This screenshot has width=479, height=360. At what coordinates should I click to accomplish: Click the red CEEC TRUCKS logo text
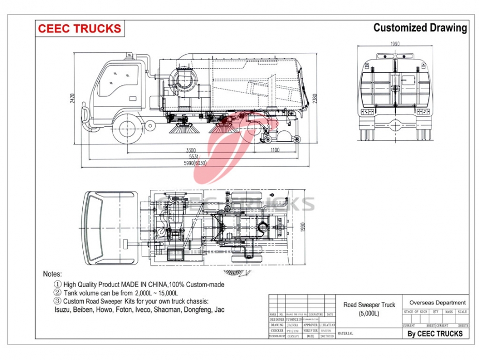tap(79, 28)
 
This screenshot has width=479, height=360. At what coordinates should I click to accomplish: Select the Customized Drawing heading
tap(420, 28)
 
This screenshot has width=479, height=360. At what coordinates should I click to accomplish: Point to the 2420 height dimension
tap(74, 98)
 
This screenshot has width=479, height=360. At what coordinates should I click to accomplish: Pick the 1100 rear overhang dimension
tap(274, 150)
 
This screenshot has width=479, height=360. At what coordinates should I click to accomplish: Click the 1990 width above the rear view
tap(395, 44)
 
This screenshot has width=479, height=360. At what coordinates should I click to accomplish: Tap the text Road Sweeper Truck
tap(369, 305)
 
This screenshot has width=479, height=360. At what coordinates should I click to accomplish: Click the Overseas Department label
tap(437, 303)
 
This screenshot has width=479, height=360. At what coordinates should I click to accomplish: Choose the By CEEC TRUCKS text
tap(435, 334)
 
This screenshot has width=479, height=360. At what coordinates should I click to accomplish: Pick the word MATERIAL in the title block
tap(345, 334)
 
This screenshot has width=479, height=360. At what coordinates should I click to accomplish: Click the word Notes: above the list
tap(52, 274)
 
